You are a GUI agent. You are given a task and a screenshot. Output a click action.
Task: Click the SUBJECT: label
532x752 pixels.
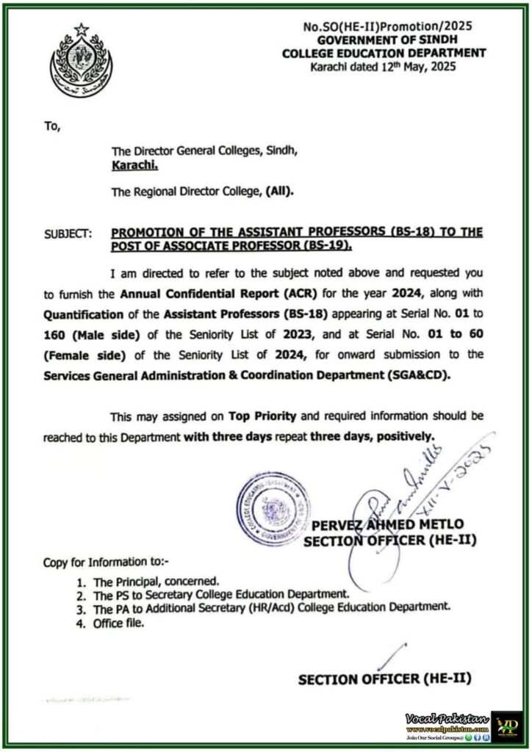tap(68, 234)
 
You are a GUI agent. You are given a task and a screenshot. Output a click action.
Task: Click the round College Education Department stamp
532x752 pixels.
tap(273, 507)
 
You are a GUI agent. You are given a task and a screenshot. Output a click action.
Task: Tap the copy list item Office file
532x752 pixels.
tap(119, 623)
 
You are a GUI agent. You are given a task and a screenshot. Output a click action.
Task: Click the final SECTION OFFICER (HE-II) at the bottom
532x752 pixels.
tap(384, 679)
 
